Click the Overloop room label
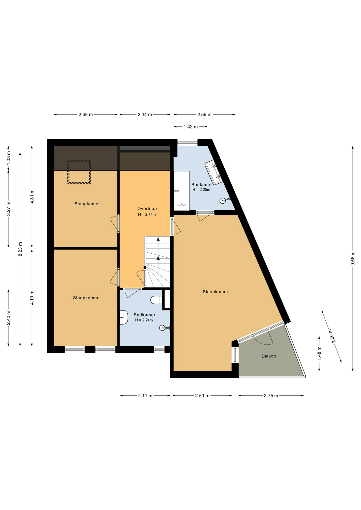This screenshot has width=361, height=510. (147, 209)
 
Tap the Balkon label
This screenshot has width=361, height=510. (268, 356)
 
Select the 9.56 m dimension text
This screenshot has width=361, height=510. (353, 258)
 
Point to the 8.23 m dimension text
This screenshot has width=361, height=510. (20, 249)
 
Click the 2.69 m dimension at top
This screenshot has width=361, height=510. (86, 114)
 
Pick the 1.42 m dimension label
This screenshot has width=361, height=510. (191, 127)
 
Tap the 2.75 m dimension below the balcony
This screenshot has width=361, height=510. (271, 396)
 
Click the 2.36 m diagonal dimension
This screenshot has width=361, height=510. (332, 336)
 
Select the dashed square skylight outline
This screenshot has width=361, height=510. (79, 172)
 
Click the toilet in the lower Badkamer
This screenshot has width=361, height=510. (157, 300)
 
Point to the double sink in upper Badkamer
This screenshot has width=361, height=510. (214, 172)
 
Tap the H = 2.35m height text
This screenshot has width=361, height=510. (147, 215)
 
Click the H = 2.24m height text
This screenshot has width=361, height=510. (144, 320)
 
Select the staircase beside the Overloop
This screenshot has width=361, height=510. (157, 262)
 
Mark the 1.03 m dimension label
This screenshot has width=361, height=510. (9, 158)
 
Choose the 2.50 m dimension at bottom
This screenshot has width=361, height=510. (202, 396)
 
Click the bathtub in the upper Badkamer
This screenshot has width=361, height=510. (182, 191)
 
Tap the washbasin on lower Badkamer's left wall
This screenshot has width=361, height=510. (124, 317)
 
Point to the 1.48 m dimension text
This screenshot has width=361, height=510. (319, 354)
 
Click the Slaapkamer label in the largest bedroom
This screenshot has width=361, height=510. (215, 292)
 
